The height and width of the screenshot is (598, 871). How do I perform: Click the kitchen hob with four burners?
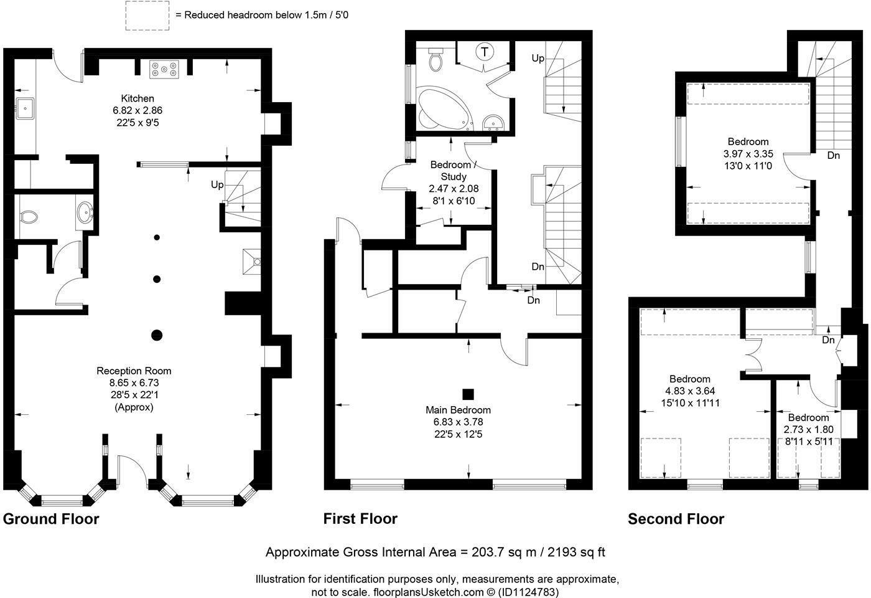[164, 70]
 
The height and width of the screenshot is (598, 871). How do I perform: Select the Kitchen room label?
[137, 98]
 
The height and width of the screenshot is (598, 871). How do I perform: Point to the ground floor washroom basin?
[85, 213]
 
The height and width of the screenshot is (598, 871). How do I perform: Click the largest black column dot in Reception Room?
[157, 335]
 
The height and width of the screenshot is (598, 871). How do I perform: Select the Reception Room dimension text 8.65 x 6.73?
[134, 382]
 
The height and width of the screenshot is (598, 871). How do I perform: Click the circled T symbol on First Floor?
[485, 51]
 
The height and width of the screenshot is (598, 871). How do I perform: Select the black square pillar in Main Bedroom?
[468, 394]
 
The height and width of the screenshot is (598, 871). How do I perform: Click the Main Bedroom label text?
[458, 410]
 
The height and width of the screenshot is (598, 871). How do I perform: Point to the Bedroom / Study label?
[454, 171]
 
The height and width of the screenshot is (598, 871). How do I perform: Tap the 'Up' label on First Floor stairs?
[538, 59]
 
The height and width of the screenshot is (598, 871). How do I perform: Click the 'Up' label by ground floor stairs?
[217, 185]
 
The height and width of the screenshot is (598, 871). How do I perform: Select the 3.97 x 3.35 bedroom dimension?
[748, 154]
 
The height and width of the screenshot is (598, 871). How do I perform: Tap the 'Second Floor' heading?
[676, 519]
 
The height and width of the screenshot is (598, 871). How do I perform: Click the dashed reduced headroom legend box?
[147, 15]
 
